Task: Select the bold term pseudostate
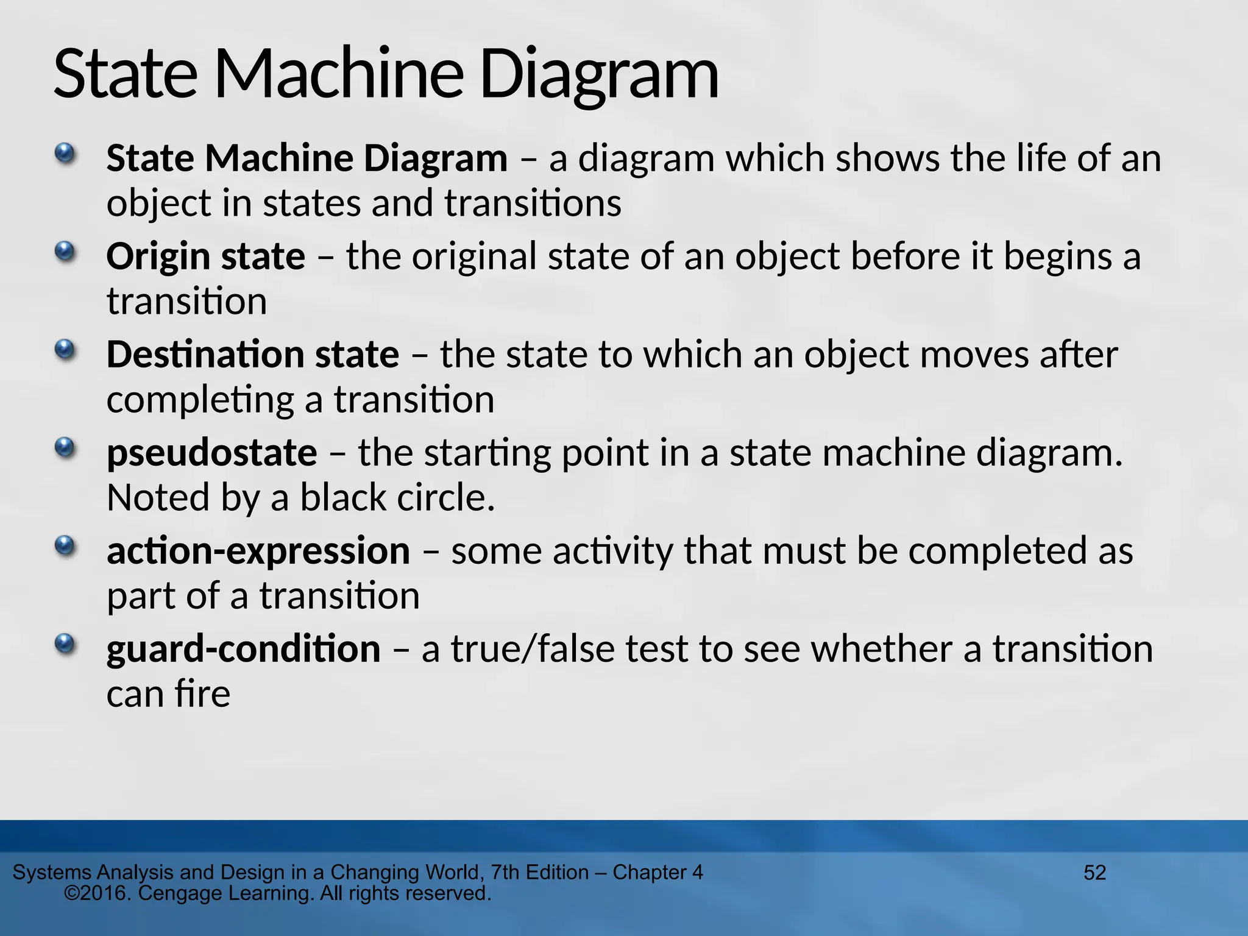pyautogui.click(x=211, y=453)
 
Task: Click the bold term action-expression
pyautogui.click(x=258, y=551)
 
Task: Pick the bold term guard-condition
pyautogui.click(x=243, y=649)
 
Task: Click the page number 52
pyautogui.click(x=1094, y=873)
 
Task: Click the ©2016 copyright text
pyautogui.click(x=97, y=894)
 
